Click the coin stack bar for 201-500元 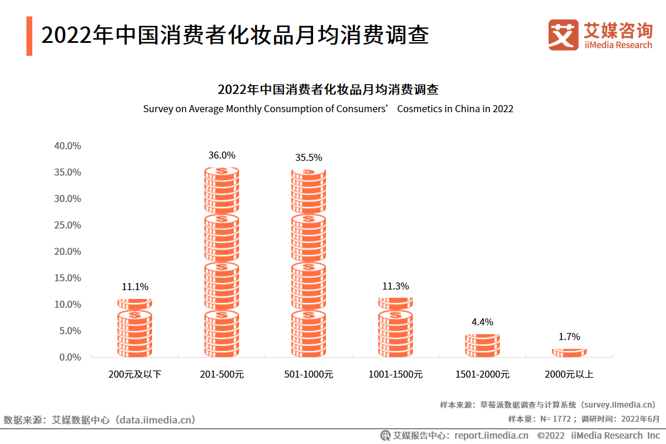tap(221, 262)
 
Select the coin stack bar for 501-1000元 tap(308, 263)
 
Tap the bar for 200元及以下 tap(134, 328)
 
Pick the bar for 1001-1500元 tap(395, 327)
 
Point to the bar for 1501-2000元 tap(482, 345)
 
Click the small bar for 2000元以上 tap(569, 352)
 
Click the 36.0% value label tap(221, 156)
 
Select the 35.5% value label tap(308, 157)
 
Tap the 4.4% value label tap(482, 322)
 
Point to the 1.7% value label tap(569, 337)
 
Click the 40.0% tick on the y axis tap(68, 146)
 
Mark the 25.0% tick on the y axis tap(68, 225)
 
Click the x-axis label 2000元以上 tap(569, 374)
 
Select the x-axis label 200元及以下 tap(134, 374)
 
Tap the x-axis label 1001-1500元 tap(395, 374)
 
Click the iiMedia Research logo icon tap(563, 35)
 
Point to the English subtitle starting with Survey tap(328, 109)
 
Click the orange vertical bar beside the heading tap(29, 36)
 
